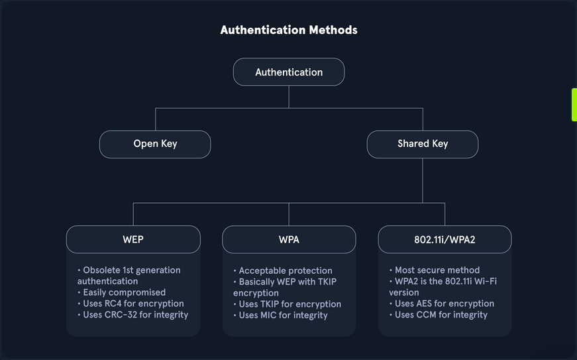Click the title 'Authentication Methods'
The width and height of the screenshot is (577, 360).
[288, 30]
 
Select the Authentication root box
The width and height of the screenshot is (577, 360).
[289, 72]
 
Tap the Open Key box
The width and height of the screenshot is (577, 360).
[155, 144]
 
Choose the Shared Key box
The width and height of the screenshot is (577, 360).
[423, 144]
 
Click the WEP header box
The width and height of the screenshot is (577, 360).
[133, 239]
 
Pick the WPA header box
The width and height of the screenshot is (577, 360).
[289, 239]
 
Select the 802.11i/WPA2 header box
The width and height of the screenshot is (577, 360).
[445, 239]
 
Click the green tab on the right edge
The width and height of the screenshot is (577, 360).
[574, 105]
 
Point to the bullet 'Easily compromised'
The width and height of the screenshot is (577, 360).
[124, 292]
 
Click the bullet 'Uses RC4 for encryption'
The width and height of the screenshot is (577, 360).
[133, 304]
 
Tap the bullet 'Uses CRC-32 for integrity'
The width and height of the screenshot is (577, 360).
[135, 315]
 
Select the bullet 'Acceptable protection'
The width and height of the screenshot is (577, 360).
[286, 270]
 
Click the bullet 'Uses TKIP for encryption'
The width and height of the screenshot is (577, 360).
[289, 304]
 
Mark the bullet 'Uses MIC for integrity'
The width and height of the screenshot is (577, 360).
[283, 316]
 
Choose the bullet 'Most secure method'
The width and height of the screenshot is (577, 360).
[437, 270]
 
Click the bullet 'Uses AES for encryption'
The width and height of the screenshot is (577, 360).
[445, 304]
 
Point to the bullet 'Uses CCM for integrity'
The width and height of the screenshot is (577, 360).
[441, 315]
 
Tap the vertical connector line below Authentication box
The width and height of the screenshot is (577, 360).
[289, 97]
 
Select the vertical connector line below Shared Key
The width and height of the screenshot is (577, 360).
[423, 180]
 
